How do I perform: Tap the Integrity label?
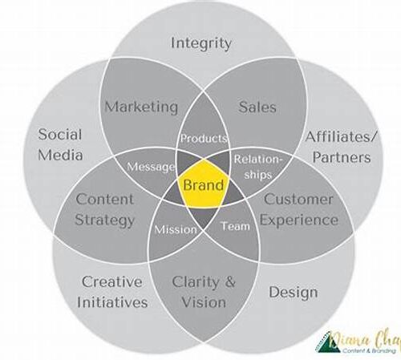click(200, 43)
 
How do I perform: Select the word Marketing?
click(141, 107)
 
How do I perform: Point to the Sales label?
click(257, 107)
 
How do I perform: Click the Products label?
click(204, 138)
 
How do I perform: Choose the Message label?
click(151, 167)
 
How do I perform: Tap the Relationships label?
click(258, 167)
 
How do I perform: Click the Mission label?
click(176, 229)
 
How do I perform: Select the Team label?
click(235, 226)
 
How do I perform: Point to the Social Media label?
click(60, 144)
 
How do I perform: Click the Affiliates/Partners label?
click(341, 147)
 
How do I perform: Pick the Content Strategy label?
click(104, 210)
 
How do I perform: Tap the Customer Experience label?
click(299, 210)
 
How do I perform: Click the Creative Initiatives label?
click(112, 292)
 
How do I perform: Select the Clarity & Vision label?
click(204, 292)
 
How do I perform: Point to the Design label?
click(294, 293)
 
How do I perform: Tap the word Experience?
click(299, 220)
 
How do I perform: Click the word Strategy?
click(104, 220)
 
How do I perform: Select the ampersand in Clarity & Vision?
click(229, 282)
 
